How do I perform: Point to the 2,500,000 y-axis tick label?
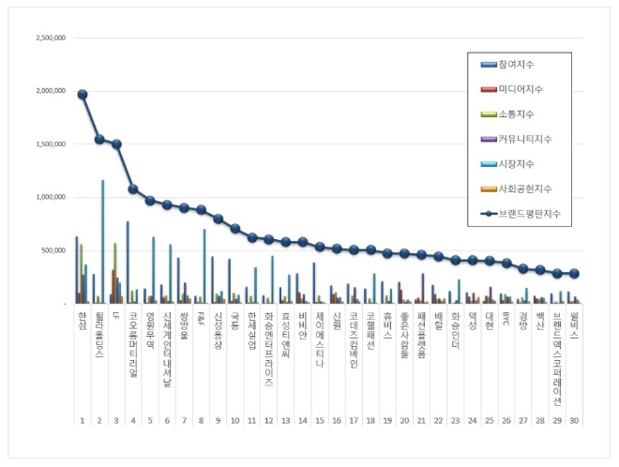pyautogui.click(x=49, y=39)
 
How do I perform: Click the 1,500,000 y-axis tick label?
pyautogui.click(x=49, y=145)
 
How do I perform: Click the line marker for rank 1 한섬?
pyautogui.click(x=83, y=95)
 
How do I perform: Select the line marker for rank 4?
pyautogui.click(x=133, y=189)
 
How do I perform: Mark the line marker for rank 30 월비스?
pyautogui.click(x=574, y=274)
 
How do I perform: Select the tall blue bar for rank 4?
pyautogui.click(x=128, y=263)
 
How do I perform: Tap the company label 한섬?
pyautogui.click(x=83, y=321)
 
